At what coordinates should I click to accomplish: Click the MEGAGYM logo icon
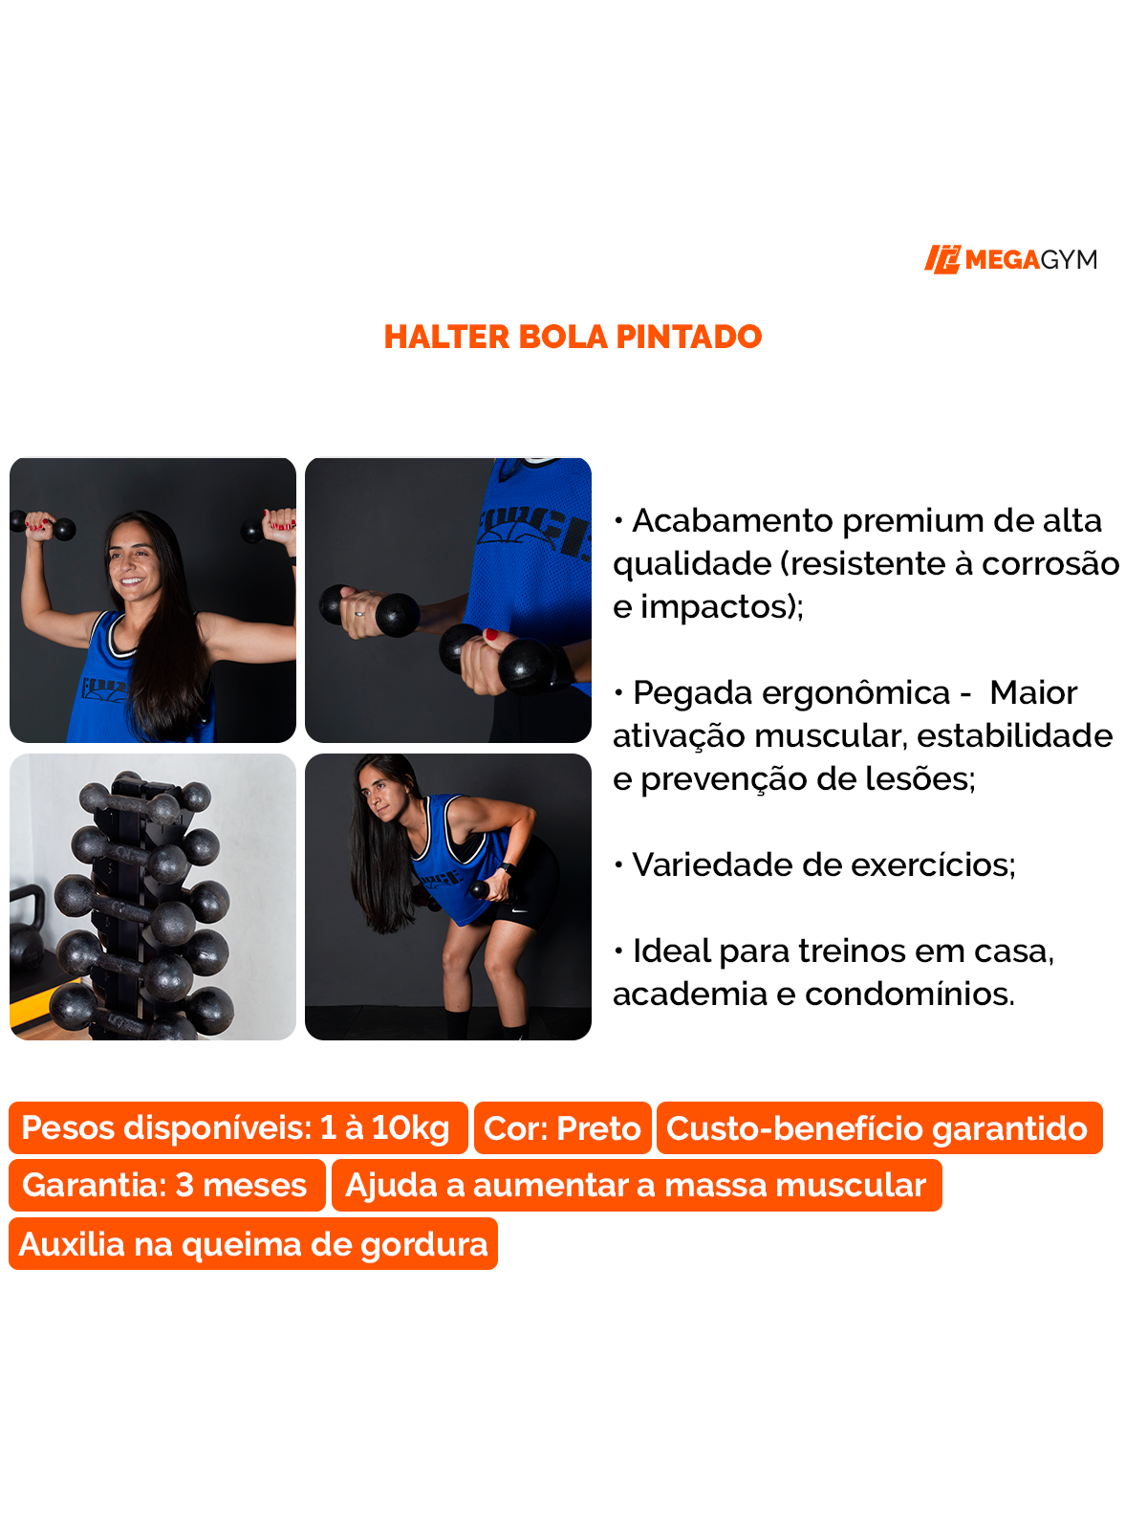pos(941,259)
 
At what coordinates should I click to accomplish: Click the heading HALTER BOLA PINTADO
pos(573,337)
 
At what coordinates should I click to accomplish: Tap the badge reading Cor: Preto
pos(562,1128)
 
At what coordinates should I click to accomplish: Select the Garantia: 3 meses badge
pos(165,1186)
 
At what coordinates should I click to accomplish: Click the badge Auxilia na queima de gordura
pos(253,1244)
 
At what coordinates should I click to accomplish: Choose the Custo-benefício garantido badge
pos(877,1128)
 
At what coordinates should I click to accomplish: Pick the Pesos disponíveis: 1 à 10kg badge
pos(236,1128)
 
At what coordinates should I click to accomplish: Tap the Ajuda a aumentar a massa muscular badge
pos(636,1186)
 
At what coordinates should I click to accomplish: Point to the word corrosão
pos(1050,564)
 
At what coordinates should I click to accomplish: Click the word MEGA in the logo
pos(1002,260)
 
